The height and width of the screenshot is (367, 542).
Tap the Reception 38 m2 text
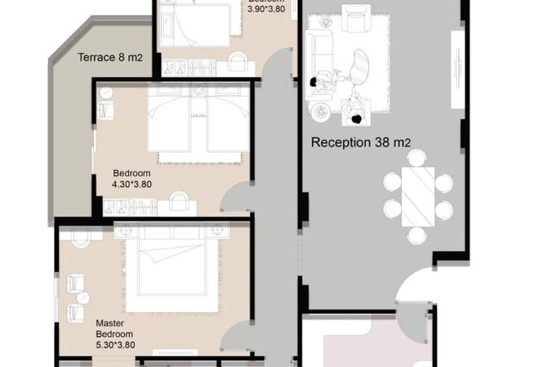click(x=361, y=143)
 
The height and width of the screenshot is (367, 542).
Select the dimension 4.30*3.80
click(x=131, y=184)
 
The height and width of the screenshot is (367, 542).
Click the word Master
click(x=110, y=322)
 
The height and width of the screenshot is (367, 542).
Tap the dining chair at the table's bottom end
click(x=417, y=235)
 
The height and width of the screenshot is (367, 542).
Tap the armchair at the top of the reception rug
click(x=355, y=18)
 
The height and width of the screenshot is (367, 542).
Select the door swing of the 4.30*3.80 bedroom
click(x=238, y=199)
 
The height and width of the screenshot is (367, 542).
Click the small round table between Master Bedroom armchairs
click(x=82, y=296)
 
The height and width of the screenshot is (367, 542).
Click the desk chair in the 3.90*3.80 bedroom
click(x=238, y=62)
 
